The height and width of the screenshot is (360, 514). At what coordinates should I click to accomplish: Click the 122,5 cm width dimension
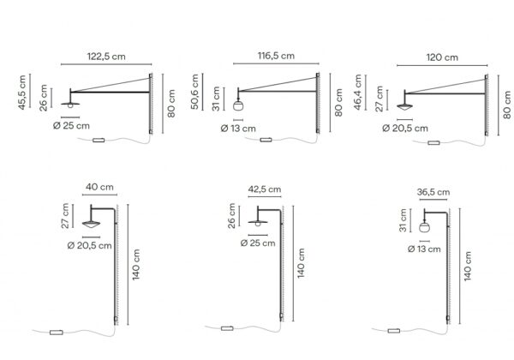click(107, 56)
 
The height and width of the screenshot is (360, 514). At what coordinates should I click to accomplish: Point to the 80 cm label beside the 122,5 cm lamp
click(172, 102)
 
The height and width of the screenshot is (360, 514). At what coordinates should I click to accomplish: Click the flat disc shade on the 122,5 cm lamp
click(69, 105)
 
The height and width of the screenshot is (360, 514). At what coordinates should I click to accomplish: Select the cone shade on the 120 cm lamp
click(406, 107)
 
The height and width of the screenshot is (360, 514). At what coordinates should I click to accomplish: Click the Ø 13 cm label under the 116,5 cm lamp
click(237, 129)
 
